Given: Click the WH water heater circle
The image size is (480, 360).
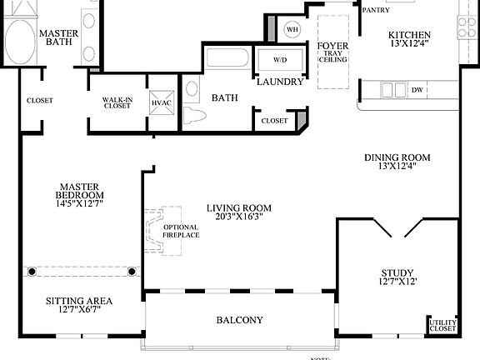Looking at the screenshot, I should [x=292, y=29].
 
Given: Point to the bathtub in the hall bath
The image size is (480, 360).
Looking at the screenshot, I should [x=227, y=60].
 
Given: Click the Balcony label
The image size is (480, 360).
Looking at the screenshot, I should [x=240, y=320].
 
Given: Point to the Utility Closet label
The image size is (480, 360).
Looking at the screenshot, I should [x=442, y=326].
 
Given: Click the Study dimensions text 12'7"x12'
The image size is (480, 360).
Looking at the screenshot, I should [x=398, y=282].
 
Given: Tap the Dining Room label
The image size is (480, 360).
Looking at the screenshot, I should [x=397, y=157].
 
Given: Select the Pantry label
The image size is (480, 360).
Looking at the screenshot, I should [x=377, y=10].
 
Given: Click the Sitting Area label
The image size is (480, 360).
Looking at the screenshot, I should [x=79, y=301].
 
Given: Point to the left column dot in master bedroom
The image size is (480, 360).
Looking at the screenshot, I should [x=32, y=271].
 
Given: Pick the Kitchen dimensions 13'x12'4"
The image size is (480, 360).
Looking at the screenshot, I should [x=409, y=45].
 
